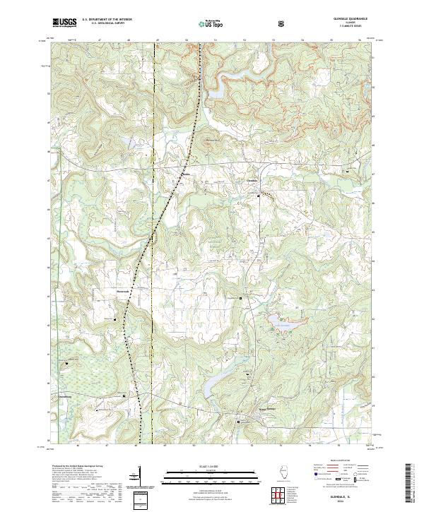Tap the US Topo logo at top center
pos(202,23)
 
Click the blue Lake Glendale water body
pos(278,323)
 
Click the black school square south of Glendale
pos(259,196)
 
